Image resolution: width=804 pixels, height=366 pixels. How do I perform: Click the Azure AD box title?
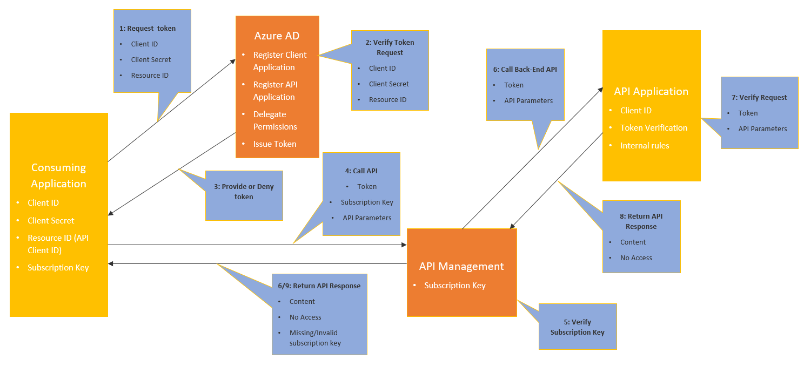point(277,36)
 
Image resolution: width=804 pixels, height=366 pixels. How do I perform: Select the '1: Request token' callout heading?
point(148,29)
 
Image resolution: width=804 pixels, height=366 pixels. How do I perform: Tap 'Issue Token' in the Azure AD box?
point(274,144)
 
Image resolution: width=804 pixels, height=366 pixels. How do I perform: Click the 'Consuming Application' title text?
point(58,175)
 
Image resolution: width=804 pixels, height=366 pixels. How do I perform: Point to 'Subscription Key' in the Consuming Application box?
point(58,268)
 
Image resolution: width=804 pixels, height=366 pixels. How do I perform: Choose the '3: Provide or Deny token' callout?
point(244,192)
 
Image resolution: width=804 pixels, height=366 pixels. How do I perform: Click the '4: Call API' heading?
point(361,171)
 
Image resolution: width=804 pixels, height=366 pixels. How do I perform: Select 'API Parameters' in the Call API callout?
point(367,218)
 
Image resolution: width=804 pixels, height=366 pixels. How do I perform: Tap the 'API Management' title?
point(461,266)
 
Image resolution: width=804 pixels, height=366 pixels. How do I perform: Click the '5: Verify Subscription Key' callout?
point(578,327)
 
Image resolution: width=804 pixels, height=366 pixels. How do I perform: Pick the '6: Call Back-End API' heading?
point(525,69)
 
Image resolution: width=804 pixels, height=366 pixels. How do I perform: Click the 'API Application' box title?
point(651,91)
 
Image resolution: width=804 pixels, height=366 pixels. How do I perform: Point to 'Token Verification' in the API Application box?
point(654,128)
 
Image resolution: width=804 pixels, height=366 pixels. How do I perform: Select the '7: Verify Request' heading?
point(759,98)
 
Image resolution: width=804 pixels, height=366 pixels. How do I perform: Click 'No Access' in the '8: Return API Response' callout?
point(636,258)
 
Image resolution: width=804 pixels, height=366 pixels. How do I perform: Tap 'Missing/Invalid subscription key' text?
point(315,338)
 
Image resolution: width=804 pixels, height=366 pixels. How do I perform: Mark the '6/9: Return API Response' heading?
point(319,286)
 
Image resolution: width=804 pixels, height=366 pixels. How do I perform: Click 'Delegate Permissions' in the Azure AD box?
point(275,120)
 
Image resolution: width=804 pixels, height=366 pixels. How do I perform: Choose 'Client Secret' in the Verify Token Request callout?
point(389,84)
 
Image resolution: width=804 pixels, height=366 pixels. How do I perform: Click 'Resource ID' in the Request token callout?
point(150,76)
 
